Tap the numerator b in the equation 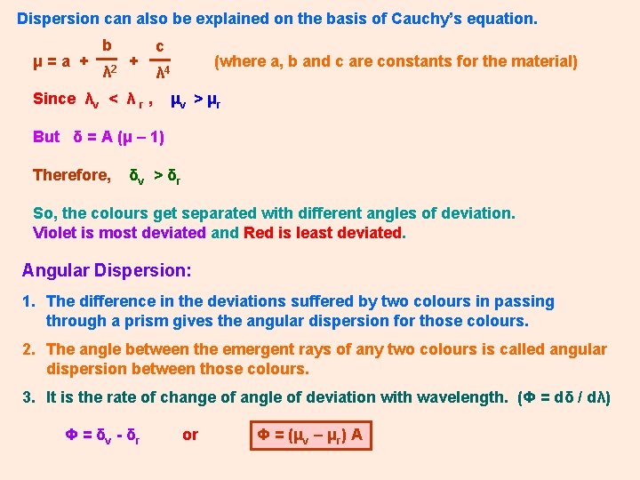pos(107,45)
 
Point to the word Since pos(54,99)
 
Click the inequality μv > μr pos(196,100)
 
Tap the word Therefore pos(71,175)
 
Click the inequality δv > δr pos(156,176)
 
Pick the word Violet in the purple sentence pos(55,233)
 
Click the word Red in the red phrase pos(259,233)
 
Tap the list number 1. pos(28,302)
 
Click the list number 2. pos(28,349)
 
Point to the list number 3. pos(28,397)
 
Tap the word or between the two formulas pos(190,436)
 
